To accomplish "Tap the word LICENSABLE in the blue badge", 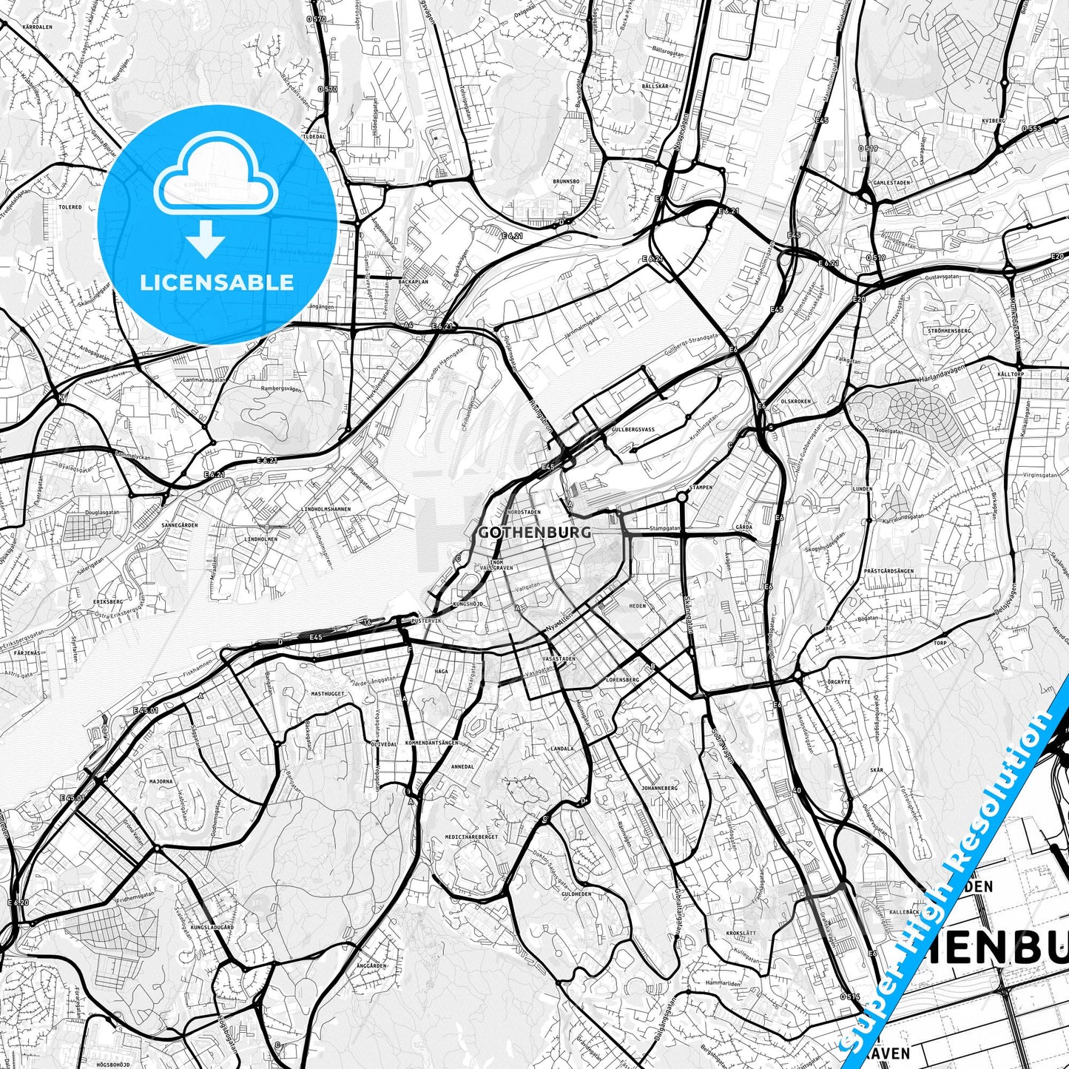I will (217, 282).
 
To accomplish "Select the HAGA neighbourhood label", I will (442, 671).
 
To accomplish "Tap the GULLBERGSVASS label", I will (634, 429).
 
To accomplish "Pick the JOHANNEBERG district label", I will (660, 788).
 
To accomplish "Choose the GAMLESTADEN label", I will (891, 182).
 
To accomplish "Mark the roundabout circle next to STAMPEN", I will (681, 497).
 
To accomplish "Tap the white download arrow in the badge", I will (206, 239).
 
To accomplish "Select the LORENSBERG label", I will (621, 678).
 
